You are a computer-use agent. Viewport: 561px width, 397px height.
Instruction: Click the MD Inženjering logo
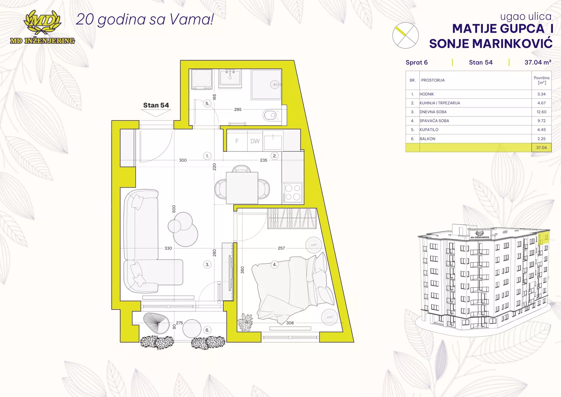(x=42, y=27)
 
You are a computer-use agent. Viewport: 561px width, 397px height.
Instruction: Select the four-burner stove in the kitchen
(x=292, y=193)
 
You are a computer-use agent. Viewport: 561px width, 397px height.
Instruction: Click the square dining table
(x=242, y=188)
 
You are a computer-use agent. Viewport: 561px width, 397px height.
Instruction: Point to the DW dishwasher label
(x=255, y=141)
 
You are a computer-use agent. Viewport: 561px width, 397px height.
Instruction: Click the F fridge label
(x=237, y=141)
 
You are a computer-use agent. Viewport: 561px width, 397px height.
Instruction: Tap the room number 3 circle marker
(x=207, y=264)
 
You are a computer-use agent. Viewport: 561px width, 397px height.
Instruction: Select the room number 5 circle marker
(x=207, y=103)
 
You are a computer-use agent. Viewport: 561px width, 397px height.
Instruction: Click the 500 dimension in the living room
(x=174, y=209)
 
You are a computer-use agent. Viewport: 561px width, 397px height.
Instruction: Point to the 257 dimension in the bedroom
(x=281, y=248)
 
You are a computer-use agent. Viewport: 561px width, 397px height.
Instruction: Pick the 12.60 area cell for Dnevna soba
(x=541, y=112)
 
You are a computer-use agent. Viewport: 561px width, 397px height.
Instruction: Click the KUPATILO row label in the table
(x=429, y=129)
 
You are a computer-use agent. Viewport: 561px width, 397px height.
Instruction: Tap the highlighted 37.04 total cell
(x=542, y=148)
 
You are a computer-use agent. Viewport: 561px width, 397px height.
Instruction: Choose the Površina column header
(x=542, y=80)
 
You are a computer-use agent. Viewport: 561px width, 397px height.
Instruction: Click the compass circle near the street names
(x=406, y=35)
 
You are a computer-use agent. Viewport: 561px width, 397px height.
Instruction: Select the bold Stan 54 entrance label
(x=156, y=105)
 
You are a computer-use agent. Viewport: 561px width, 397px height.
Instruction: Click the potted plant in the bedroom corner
(x=245, y=322)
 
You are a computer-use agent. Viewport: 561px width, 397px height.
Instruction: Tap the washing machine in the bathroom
(x=202, y=79)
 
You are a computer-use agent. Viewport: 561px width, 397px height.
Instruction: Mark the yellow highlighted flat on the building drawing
(x=543, y=239)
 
